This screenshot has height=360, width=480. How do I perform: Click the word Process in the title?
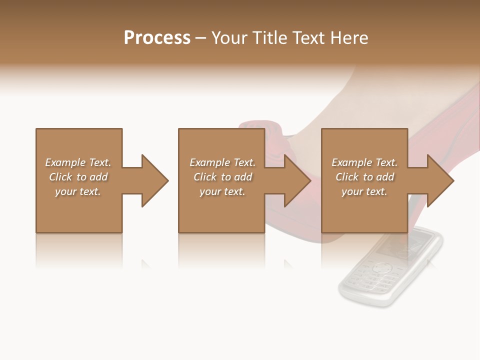(157, 38)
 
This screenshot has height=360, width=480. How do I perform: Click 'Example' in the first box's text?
(65, 162)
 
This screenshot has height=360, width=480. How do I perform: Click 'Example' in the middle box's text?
(209, 162)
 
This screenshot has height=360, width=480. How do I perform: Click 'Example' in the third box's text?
(351, 162)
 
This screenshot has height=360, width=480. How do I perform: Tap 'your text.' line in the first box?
(78, 191)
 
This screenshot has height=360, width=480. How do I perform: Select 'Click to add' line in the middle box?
(222, 177)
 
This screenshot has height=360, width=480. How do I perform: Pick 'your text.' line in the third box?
(364, 191)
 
